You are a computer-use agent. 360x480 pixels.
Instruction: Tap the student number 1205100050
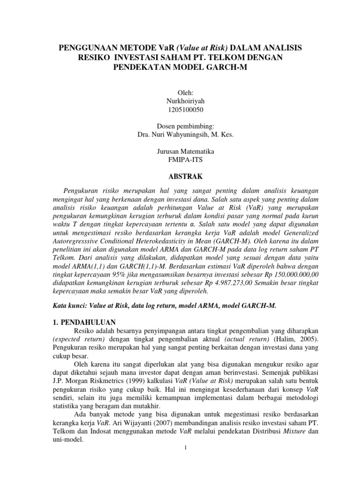point(180,110)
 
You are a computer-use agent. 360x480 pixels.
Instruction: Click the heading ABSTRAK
point(180,176)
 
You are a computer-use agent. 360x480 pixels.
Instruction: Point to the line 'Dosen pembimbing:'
point(180,127)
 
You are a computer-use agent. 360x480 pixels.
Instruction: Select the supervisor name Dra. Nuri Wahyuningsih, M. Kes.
point(180,135)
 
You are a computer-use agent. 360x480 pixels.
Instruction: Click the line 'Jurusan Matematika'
point(180,151)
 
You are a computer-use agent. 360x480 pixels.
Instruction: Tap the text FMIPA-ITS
point(180,159)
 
